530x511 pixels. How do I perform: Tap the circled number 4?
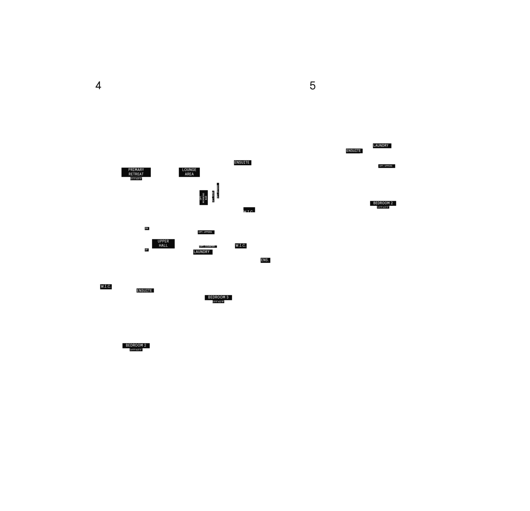click(98, 86)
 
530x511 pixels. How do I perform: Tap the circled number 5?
click(312, 86)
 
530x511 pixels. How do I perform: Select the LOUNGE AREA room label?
click(189, 172)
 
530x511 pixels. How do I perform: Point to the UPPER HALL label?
click(163, 243)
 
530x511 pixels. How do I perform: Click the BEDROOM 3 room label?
click(218, 297)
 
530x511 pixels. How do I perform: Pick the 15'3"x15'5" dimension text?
click(136, 179)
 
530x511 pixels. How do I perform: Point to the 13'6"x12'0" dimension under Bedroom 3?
click(218, 301)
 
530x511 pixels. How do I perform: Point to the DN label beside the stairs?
click(146, 228)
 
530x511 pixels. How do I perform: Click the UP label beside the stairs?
click(146, 250)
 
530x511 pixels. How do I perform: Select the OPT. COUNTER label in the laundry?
click(207, 246)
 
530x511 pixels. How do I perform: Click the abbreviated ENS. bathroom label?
click(264, 260)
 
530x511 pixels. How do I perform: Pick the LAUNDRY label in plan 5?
click(381, 145)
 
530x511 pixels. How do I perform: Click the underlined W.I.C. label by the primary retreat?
click(248, 212)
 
